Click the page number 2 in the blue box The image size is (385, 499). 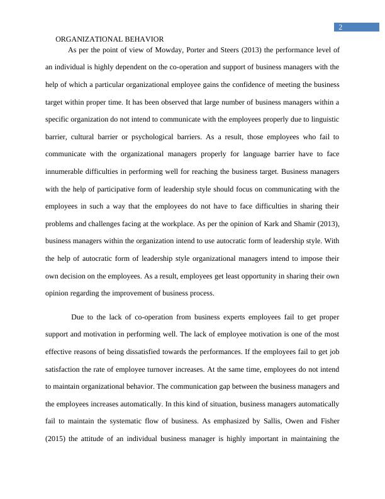click(x=340, y=27)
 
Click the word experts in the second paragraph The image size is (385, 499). click(x=222, y=317)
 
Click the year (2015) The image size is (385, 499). click(x=60, y=439)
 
